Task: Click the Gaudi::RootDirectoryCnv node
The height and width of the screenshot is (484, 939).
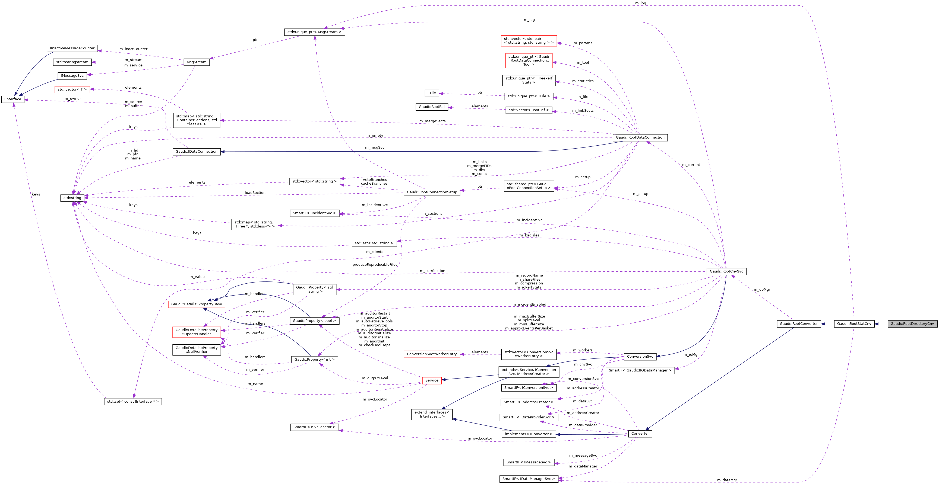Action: point(912,323)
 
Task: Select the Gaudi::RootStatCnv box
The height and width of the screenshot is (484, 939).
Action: point(854,323)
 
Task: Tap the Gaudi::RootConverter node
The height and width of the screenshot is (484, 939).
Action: point(799,323)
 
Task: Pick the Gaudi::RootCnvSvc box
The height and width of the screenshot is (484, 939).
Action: point(726,271)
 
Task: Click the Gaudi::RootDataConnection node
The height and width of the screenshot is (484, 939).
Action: point(640,137)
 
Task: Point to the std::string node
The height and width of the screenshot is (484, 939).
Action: point(72,198)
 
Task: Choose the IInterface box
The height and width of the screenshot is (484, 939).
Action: point(13,99)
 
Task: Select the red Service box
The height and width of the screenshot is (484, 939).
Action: point(432,380)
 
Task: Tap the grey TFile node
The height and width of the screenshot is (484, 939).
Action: point(432,93)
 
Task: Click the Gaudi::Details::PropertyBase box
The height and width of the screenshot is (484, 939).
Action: point(197,304)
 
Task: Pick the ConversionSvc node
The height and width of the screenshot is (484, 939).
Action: point(640,357)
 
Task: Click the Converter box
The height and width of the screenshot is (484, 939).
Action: point(640,433)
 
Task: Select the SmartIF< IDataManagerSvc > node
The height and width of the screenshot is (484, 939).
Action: point(529,479)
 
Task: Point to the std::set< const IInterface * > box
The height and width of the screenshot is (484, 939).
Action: point(133,401)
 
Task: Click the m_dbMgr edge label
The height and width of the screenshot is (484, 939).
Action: point(762,290)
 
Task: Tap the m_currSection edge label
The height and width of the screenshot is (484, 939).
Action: point(432,271)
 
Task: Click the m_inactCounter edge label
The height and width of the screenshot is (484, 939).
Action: point(133,49)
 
